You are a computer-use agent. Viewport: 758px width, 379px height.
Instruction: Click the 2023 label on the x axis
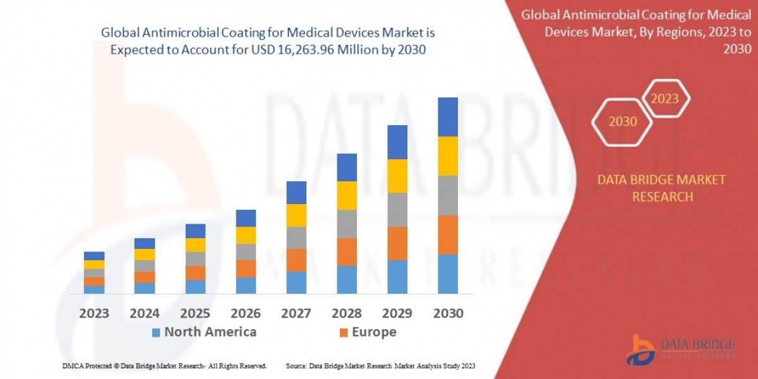pos(94,313)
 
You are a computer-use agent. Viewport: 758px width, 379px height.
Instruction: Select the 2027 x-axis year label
pos(296,313)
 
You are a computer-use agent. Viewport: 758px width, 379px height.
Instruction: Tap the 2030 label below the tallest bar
pos(448,313)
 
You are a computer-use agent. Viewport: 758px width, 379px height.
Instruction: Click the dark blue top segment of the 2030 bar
pos(448,117)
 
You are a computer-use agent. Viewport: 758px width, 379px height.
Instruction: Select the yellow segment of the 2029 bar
pos(397,176)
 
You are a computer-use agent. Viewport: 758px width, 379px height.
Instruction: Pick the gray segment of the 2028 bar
pos(347,224)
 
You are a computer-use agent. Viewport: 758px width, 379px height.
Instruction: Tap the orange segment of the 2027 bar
pos(296,260)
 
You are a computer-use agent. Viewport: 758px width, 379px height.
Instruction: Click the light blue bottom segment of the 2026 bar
pos(246,286)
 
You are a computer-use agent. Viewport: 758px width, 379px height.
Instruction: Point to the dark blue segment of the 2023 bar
pos(94,256)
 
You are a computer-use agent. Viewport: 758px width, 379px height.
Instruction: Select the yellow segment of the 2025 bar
pos(195,245)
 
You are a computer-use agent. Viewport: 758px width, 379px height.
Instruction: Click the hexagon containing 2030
pos(623,121)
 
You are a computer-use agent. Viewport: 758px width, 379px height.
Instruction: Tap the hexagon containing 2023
pos(665,99)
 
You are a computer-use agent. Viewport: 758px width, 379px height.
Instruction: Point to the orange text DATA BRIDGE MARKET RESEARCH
pos(661,188)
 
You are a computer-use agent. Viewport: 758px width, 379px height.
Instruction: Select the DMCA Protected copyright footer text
pos(164,366)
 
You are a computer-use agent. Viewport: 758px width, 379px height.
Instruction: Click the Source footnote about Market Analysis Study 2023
pos(380,366)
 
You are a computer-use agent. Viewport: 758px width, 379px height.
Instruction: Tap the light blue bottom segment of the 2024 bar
pos(145,288)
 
